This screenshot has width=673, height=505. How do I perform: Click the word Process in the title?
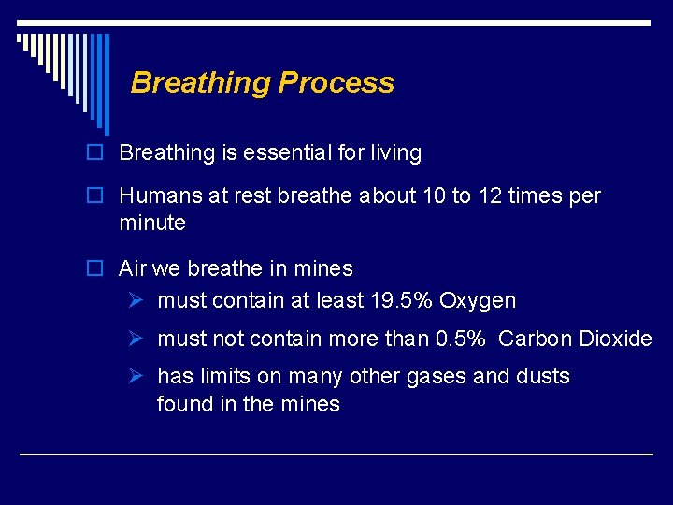(336, 82)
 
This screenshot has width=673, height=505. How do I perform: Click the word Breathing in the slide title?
(200, 82)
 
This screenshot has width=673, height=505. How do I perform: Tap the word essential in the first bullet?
(289, 152)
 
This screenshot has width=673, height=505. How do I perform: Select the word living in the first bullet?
(395, 152)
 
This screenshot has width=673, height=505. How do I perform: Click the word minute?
(152, 224)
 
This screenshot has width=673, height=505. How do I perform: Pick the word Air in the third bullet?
(132, 269)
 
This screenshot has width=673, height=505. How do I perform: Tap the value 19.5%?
(401, 301)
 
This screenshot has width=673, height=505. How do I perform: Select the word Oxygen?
(477, 301)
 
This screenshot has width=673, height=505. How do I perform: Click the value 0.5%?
(461, 339)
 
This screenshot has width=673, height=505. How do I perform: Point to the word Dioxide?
(616, 339)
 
